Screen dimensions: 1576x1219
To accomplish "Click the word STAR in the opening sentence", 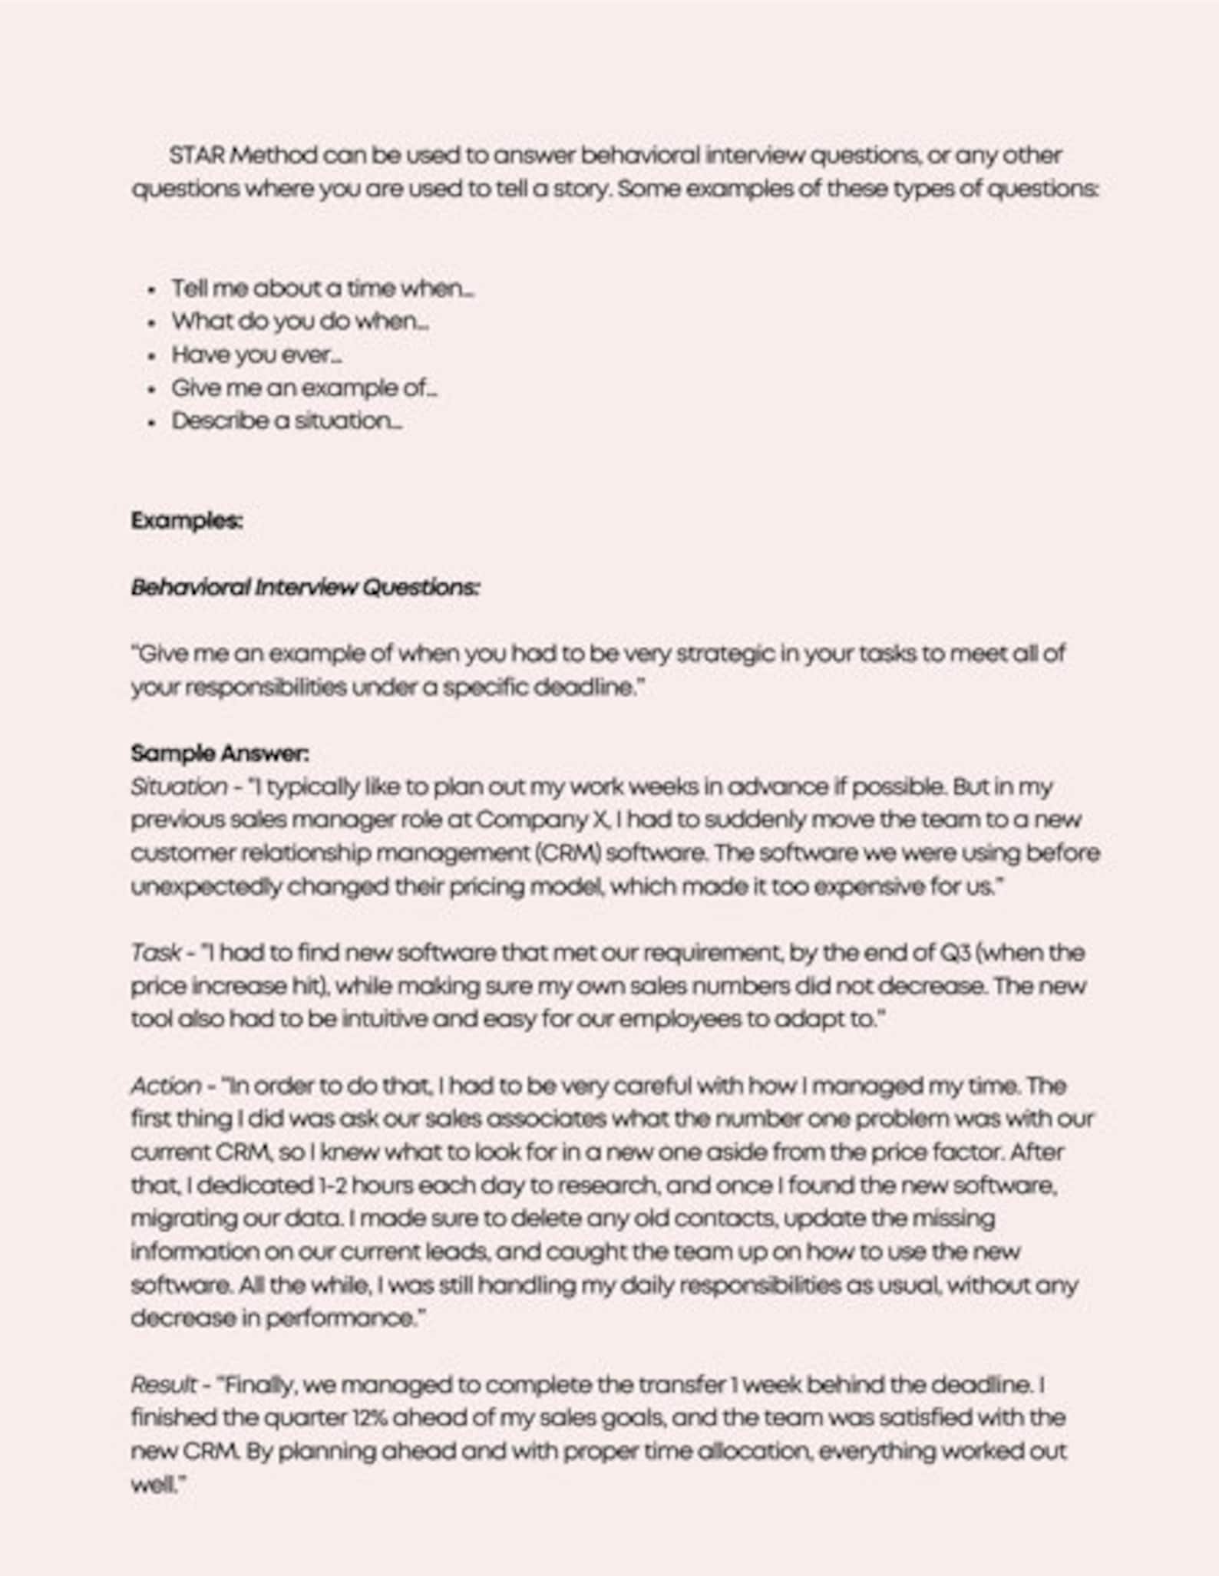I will point(197,156).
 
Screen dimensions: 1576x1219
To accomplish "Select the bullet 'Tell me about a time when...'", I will point(322,289).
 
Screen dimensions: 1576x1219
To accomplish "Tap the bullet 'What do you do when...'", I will point(300,322).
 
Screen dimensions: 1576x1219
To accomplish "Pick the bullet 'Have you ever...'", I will point(256,355).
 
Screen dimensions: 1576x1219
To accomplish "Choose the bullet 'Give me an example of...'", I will point(304,388).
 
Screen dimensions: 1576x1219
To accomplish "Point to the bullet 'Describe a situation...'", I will point(286,421).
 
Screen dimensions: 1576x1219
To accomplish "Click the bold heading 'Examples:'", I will point(187,521).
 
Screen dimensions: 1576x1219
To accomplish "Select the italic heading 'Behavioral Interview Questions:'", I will point(305,588).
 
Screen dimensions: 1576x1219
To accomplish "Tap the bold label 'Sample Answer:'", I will point(220,753).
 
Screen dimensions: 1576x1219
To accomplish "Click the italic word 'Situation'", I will point(178,787).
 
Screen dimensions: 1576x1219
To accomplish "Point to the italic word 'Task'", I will point(156,953).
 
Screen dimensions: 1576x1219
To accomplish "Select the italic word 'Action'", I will point(166,1086).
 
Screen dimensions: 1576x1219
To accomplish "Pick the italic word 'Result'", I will point(164,1385).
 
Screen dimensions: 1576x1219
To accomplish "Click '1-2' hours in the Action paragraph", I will point(333,1185).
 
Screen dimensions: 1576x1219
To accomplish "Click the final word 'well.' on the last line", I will point(159,1485).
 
